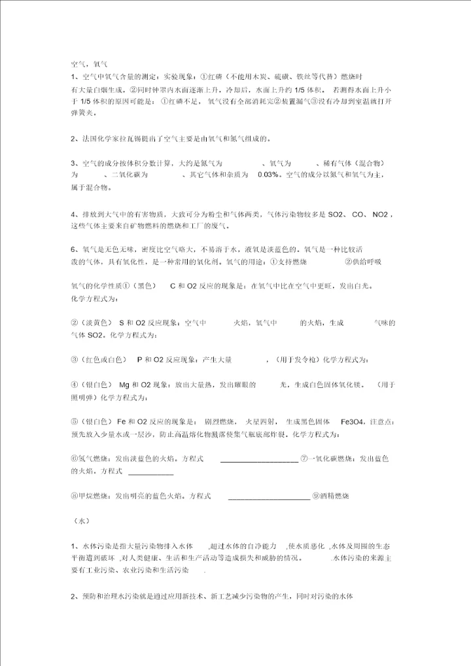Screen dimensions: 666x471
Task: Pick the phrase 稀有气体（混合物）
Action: pos(353,163)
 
